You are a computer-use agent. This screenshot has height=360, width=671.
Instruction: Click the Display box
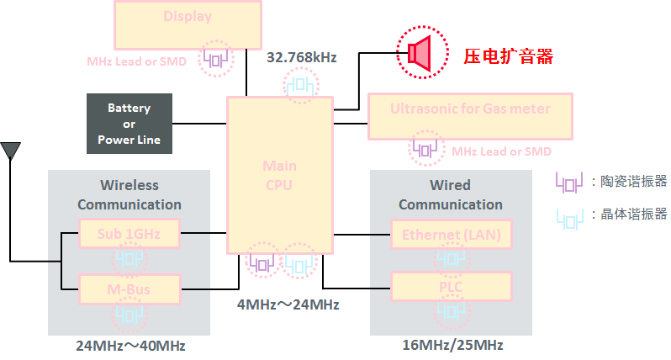pos(188,24)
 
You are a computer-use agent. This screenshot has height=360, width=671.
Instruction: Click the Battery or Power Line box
pos(129,124)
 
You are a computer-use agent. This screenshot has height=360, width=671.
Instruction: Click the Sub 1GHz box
pos(129,233)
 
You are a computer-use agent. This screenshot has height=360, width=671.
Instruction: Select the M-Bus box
pos(129,289)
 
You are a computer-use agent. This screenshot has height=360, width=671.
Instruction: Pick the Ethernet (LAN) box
pos(451,235)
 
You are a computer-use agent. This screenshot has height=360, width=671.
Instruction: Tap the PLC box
pos(451,286)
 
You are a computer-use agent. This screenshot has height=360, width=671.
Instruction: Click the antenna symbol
pos(10,151)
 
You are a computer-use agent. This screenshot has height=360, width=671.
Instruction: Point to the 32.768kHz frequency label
pos(301,58)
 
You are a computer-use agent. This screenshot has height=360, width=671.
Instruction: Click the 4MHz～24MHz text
pos(288,304)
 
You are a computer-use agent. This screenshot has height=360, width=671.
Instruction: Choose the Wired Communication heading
pos(451,194)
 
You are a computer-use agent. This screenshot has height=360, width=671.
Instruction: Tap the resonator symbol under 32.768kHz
pos(301,85)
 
